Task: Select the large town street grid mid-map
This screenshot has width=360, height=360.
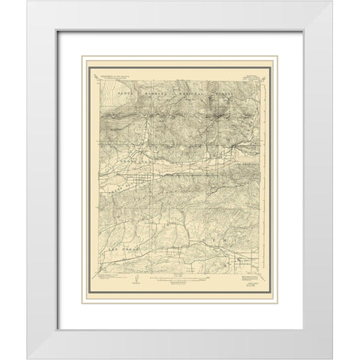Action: [x=139, y=160]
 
